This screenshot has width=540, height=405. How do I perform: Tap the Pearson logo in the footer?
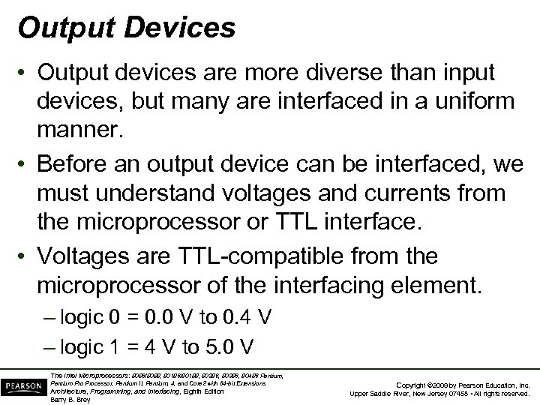[x=24, y=385]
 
